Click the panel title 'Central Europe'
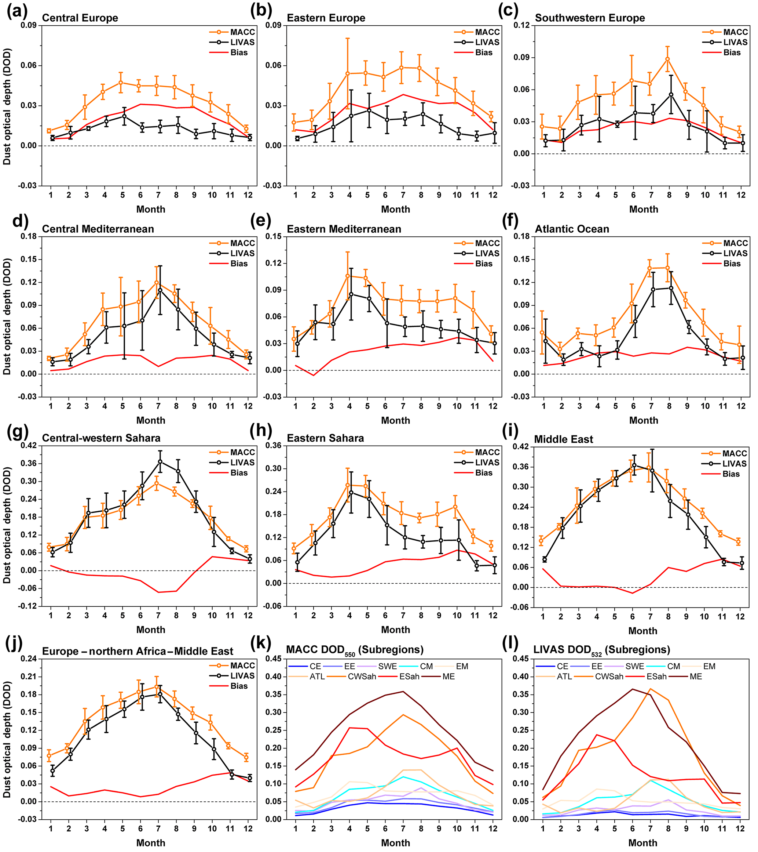point(80,18)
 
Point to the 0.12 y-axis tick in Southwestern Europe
point(522,25)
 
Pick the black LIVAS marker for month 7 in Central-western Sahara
point(160,461)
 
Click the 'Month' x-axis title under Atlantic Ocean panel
point(644,420)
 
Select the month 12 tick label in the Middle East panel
point(740,617)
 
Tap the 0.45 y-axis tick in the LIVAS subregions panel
point(522,659)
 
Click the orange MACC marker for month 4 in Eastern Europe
point(350,73)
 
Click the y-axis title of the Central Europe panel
point(7,106)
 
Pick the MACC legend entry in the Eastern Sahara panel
point(487,452)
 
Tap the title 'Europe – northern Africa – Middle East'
point(138,651)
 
